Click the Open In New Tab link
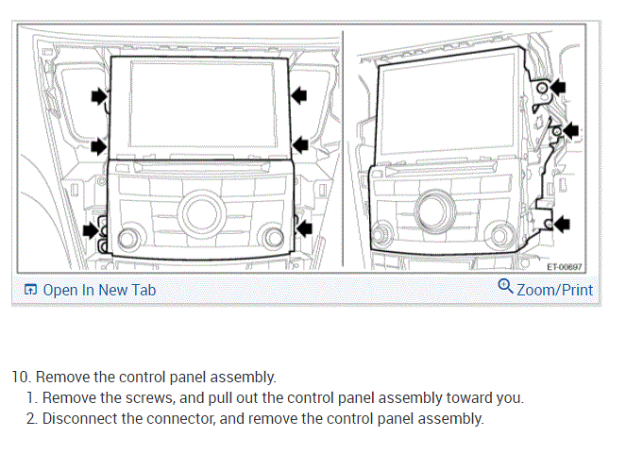click(99, 290)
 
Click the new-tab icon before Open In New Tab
click(31, 290)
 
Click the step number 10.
click(20, 377)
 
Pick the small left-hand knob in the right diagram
click(381, 231)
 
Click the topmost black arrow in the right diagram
click(560, 87)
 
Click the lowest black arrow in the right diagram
click(561, 223)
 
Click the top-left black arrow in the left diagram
click(98, 95)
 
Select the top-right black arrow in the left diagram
click(300, 93)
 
